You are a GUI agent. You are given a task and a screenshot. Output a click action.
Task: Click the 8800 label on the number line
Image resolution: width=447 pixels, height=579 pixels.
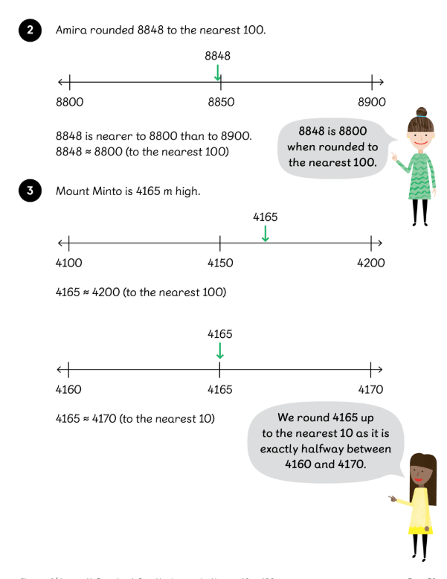[x=69, y=102]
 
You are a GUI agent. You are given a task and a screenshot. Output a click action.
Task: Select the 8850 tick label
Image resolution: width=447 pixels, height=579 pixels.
[x=220, y=102]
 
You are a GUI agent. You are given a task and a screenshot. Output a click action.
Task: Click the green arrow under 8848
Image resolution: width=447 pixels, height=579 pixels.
[x=217, y=72]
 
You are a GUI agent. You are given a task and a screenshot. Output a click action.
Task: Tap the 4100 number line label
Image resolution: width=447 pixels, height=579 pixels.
[x=69, y=263]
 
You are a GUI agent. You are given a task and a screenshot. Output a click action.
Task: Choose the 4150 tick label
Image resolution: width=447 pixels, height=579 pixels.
[x=220, y=263]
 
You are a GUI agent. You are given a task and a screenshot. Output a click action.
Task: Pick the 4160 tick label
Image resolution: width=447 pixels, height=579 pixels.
[x=69, y=389]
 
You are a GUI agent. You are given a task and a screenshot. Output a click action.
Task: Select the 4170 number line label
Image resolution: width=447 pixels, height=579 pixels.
[x=370, y=389]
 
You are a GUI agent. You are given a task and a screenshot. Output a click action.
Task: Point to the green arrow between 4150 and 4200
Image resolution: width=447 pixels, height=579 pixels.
[x=266, y=233]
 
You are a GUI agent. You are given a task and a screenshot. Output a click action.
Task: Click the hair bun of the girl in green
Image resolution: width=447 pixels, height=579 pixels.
[x=421, y=112]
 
